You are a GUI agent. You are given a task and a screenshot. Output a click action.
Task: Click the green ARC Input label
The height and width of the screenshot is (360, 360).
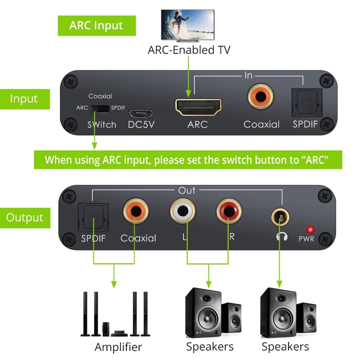pyautogui.click(x=96, y=25)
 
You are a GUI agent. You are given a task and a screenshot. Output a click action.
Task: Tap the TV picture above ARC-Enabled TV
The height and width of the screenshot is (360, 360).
pyautogui.click(x=188, y=25)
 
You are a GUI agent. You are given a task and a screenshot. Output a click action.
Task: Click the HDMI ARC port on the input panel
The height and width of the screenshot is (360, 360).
pyautogui.click(x=198, y=107)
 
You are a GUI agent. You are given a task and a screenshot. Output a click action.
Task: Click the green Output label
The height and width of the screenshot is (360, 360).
pyautogui.click(x=24, y=218)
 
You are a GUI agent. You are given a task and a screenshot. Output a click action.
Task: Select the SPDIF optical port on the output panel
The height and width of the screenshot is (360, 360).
pyautogui.click(x=93, y=216)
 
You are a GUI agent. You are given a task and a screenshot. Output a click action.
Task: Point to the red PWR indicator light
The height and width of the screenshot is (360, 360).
pyautogui.click(x=310, y=229)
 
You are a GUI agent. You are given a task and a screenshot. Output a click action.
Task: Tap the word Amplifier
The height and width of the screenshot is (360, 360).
pyautogui.click(x=118, y=347)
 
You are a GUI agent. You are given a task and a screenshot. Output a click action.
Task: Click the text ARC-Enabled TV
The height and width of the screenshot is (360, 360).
pyautogui.click(x=189, y=50)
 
